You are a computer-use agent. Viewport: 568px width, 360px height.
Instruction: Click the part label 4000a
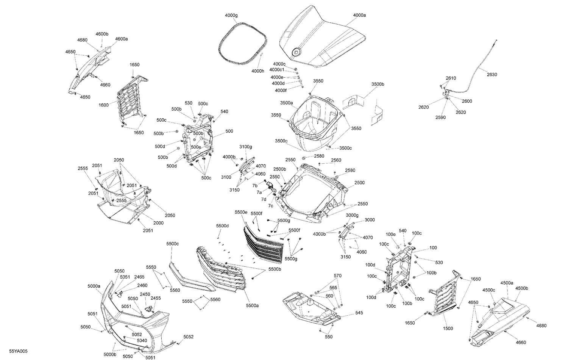(359, 15)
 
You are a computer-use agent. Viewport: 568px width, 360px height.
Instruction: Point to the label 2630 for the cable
(492, 75)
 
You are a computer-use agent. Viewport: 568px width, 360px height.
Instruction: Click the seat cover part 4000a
(322, 38)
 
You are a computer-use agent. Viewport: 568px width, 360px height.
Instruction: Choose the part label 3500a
(287, 103)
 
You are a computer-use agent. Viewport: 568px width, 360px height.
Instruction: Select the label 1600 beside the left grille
(103, 105)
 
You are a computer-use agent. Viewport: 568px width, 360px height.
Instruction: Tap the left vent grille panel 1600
(131, 100)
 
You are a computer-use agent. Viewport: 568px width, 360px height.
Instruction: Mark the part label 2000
(158, 223)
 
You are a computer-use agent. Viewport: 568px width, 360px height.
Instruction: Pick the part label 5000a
(94, 286)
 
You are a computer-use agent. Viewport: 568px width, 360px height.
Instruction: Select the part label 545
(359, 313)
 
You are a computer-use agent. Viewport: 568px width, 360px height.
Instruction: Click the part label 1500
(448, 329)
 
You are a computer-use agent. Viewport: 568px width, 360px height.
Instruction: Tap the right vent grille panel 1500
(443, 296)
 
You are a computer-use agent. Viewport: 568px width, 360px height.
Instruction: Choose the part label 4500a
(507, 283)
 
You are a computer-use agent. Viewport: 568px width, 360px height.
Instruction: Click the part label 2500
(359, 183)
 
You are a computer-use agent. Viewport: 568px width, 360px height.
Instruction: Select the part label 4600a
(122, 39)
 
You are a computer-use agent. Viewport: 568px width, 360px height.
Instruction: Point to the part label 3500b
(378, 84)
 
